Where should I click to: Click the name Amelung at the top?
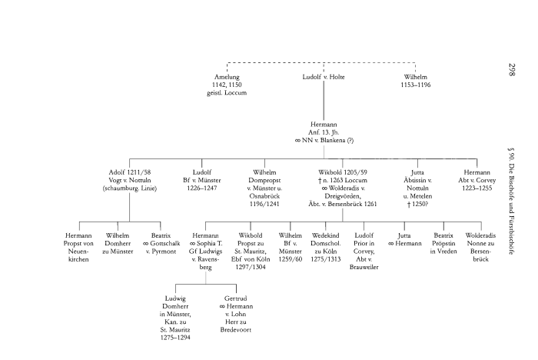point(227,77)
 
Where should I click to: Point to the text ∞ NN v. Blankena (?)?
point(323,141)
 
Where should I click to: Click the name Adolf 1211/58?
point(128,172)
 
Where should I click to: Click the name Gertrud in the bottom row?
point(234,297)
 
